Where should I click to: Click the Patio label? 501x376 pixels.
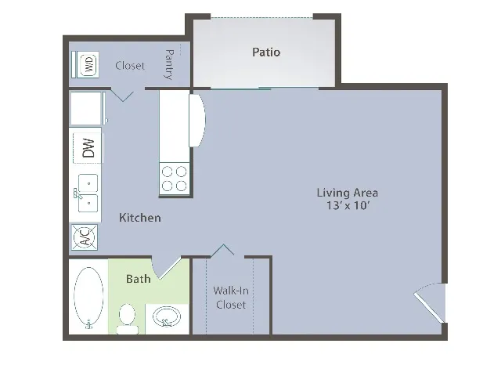pos(266,52)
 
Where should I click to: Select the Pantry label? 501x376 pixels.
pos(168,64)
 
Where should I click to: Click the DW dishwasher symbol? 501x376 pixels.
pos(88,148)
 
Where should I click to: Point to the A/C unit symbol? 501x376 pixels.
pos(85,237)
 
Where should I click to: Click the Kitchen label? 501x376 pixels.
pos(140,218)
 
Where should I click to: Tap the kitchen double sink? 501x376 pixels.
pos(86,193)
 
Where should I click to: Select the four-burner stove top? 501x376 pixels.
pos(175,179)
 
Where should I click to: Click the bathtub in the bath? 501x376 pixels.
pos(88,297)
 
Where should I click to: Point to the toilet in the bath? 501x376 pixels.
pos(127,319)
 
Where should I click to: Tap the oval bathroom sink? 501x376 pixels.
pos(167,317)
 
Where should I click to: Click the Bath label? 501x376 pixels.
pos(139,279)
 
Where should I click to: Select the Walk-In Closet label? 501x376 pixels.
pos(231,298)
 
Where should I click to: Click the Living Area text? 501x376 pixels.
pos(348,193)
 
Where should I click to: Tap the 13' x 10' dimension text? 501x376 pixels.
pos(348,205)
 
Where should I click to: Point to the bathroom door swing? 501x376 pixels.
pos(165,268)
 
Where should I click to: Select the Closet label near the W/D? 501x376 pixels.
pos(130,66)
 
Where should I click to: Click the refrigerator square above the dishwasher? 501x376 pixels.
pos(85,108)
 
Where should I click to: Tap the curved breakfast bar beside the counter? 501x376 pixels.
pos(197,120)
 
